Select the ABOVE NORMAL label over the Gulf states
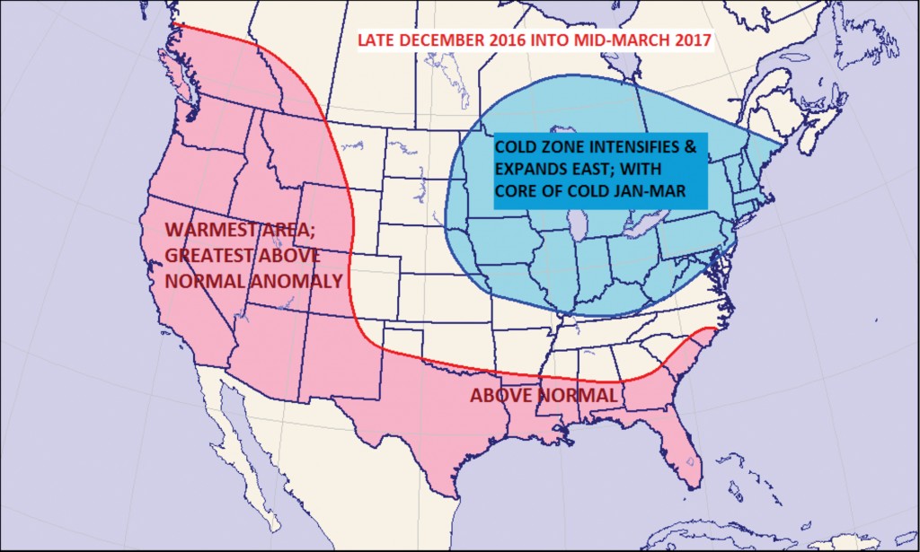544,395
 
